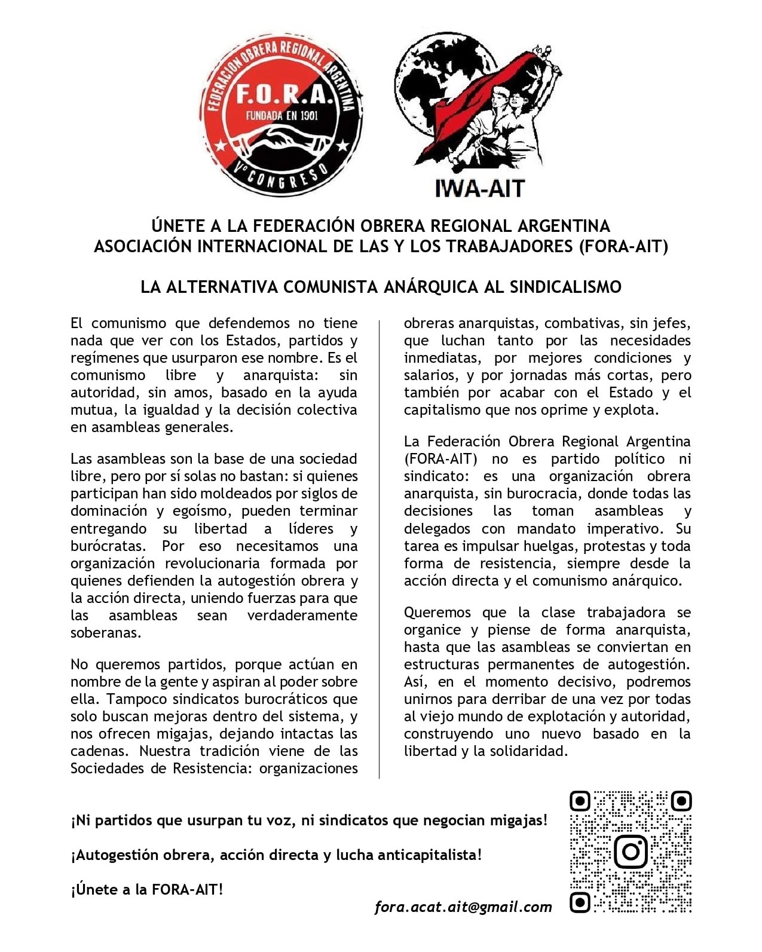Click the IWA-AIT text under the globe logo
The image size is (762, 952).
coord(480,188)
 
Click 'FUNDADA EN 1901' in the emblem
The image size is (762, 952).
coord(281,116)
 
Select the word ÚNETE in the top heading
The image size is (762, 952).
coord(179,226)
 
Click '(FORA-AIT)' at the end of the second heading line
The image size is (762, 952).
coord(623,246)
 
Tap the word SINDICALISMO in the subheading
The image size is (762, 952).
coord(565,287)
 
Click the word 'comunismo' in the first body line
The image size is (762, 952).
coord(128,323)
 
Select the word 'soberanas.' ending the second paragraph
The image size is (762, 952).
coord(106,633)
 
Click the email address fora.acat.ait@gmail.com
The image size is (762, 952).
coord(463,907)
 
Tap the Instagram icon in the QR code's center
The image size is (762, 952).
coord(631,851)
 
